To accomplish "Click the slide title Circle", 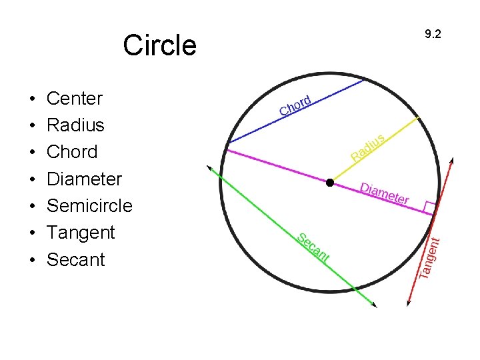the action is pyautogui.click(x=159, y=45).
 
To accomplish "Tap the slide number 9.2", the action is pyautogui.click(x=433, y=34).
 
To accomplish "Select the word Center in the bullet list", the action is pyautogui.click(x=74, y=99).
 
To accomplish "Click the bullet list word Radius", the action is pyautogui.click(x=75, y=125).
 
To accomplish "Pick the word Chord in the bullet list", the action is pyautogui.click(x=72, y=152).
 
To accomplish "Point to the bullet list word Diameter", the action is pyautogui.click(x=84, y=179).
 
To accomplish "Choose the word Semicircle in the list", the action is pyautogui.click(x=89, y=205).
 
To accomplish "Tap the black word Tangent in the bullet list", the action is pyautogui.click(x=81, y=233).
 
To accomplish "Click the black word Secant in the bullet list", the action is pyautogui.click(x=76, y=259).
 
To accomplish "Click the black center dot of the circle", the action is pyautogui.click(x=329, y=182).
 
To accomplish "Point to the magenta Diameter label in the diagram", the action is pyautogui.click(x=385, y=193).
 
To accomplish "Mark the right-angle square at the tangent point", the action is pyautogui.click(x=429, y=207).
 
